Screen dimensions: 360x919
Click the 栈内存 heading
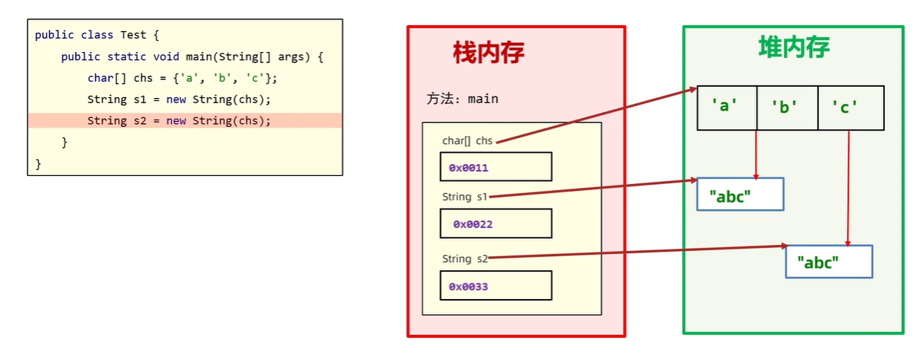[x=488, y=53]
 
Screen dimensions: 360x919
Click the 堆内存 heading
[x=794, y=47]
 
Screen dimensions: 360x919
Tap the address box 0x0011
[x=496, y=167]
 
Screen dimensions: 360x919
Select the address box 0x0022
[x=496, y=223]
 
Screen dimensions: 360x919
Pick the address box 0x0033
[x=496, y=286]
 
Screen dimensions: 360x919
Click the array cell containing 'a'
[x=727, y=108]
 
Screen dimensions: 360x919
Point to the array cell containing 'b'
[x=787, y=108]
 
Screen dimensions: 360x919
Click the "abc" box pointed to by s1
[x=740, y=194]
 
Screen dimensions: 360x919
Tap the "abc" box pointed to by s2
[x=828, y=262]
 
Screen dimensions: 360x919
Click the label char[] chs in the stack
[x=467, y=141]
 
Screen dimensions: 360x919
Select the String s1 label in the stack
[x=465, y=197]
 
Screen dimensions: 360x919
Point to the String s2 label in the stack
[x=465, y=259]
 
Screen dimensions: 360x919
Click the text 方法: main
[x=462, y=99]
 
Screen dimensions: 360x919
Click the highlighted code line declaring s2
[x=179, y=120]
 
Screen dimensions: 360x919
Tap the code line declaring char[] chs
[x=182, y=78]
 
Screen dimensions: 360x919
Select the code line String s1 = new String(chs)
[x=179, y=99]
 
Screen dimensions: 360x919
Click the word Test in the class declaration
[x=134, y=35]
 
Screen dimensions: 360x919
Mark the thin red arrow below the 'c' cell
[x=848, y=189]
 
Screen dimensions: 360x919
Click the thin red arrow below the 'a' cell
[x=756, y=154]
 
